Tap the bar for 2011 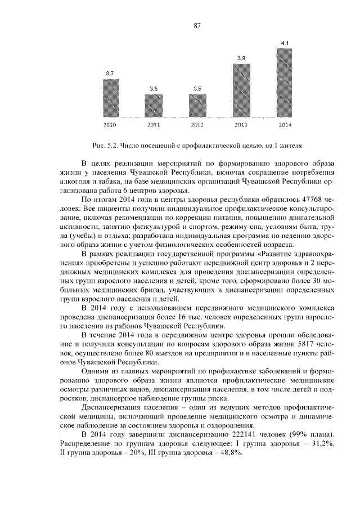coord(154,105)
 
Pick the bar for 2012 coord(197,105)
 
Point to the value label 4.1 coord(285,43)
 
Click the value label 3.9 coord(241,58)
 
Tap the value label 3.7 coord(111,74)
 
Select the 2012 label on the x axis coord(197,124)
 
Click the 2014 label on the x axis coord(285,124)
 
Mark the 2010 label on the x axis coord(111,124)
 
